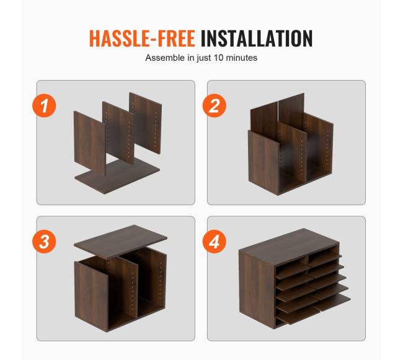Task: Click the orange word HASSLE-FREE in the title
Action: (x=142, y=38)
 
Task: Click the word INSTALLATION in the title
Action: (x=257, y=38)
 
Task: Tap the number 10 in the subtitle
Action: (x=218, y=58)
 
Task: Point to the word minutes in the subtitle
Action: (x=242, y=58)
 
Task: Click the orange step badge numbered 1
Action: (x=44, y=106)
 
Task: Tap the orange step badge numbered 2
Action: (x=215, y=106)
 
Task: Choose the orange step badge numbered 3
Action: (x=44, y=242)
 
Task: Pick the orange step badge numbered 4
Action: (x=215, y=242)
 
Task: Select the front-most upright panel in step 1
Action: (x=90, y=143)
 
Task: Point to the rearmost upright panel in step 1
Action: (x=146, y=123)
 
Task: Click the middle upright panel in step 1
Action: (x=118, y=133)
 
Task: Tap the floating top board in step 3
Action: (x=120, y=241)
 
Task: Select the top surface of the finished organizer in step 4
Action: (x=289, y=247)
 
